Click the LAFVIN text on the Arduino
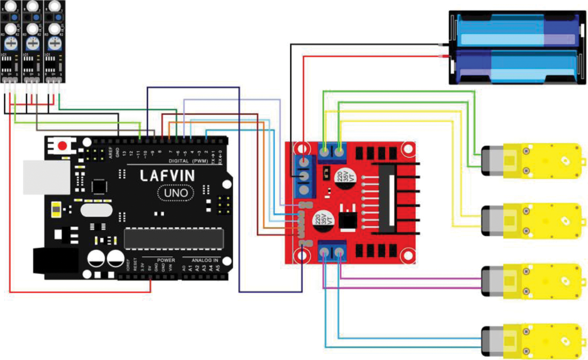point(167,176)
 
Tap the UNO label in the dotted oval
point(176,193)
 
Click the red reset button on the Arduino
point(62,146)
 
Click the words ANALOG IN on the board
point(205,260)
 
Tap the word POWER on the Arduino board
point(166,260)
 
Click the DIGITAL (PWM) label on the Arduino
point(188,161)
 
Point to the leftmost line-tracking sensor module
point(11,41)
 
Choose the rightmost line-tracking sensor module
point(54,41)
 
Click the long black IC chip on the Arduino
point(174,238)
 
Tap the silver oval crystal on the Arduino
point(96,210)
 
